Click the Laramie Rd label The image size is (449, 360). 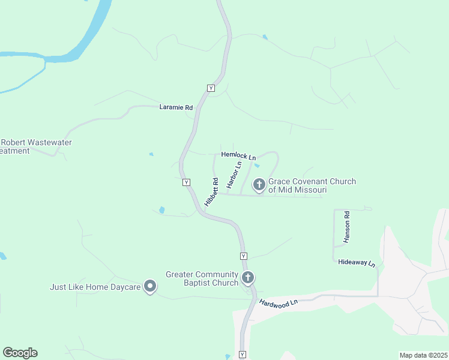176,107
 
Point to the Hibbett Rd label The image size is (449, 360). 211,191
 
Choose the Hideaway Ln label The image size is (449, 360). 356,263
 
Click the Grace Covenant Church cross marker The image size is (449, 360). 259,184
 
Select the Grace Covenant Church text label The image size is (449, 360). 312,185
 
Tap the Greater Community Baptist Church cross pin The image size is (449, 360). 248,277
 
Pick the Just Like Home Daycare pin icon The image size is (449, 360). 150,286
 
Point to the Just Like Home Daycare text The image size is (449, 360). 95,287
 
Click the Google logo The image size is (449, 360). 20,353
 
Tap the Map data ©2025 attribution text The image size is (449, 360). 423,355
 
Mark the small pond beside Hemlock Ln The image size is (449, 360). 257,166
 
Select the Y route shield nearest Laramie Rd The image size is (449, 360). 211,88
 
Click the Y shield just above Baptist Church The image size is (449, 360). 243,256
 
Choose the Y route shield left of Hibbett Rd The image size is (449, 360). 187,182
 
